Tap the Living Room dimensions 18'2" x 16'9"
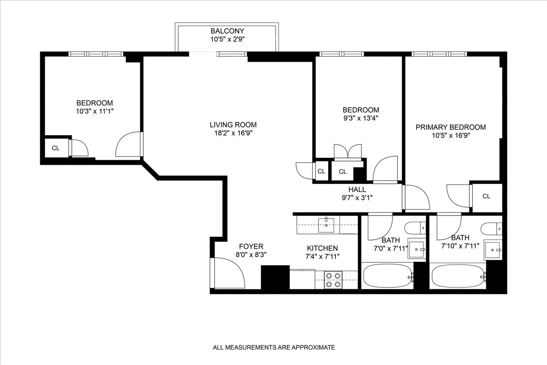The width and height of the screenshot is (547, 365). [x=233, y=133]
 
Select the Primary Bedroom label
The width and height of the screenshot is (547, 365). [x=450, y=127]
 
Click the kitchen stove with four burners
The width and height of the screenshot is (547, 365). [x=333, y=279]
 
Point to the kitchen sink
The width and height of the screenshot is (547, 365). [x=326, y=223]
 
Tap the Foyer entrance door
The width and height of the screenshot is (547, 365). [x=228, y=273]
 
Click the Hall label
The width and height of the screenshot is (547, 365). [x=357, y=189]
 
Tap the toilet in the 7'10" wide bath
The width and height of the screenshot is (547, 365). [x=491, y=227]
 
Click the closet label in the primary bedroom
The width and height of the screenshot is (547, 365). [x=486, y=196]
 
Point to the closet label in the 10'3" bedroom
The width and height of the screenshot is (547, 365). [x=56, y=148]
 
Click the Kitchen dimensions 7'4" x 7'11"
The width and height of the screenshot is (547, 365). [x=322, y=256]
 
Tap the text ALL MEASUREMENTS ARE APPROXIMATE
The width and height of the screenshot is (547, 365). [x=274, y=347]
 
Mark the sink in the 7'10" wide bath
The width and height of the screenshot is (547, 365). [x=492, y=249]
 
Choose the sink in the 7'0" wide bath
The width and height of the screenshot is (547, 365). [x=417, y=249]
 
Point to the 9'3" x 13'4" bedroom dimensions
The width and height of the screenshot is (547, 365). [x=361, y=118]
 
